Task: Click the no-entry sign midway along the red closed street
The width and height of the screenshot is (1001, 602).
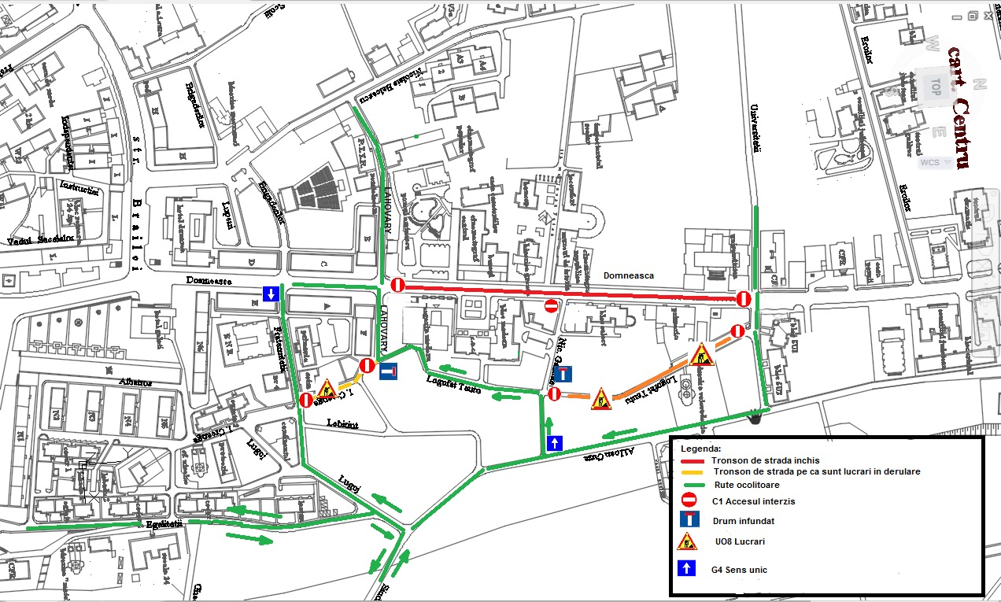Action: point(551,305)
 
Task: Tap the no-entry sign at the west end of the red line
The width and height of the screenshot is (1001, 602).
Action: point(397,285)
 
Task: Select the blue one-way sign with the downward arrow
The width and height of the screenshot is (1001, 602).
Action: point(270,294)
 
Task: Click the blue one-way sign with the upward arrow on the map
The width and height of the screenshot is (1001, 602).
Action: point(555,443)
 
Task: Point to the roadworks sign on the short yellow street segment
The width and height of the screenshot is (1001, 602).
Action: point(326,389)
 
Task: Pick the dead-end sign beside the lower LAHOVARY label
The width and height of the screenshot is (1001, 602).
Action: point(389,371)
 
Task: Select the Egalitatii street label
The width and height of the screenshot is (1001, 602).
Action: point(164,524)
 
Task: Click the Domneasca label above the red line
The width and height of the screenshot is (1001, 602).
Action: point(629,276)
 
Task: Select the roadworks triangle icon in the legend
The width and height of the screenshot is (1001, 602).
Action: point(687,541)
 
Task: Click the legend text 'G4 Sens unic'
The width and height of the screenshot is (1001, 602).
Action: point(741,570)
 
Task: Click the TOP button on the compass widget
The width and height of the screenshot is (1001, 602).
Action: point(935,83)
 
